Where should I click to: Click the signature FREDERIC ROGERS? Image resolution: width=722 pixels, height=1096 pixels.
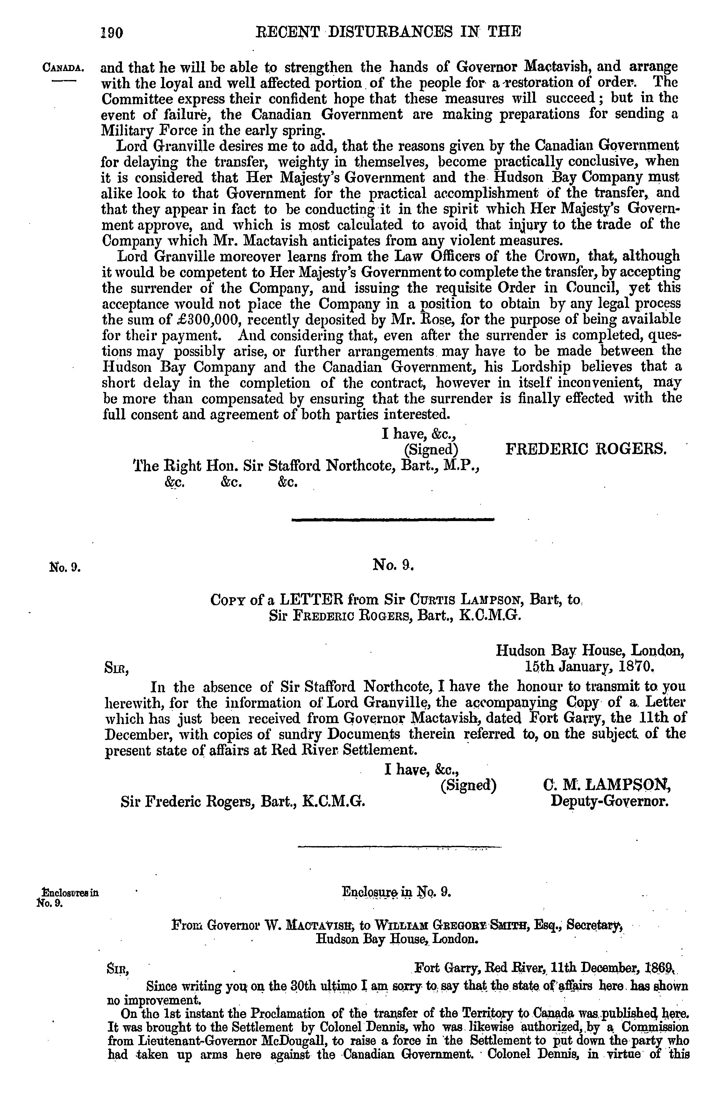[x=586, y=448]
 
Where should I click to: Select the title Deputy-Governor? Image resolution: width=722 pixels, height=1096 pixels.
[x=609, y=801]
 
